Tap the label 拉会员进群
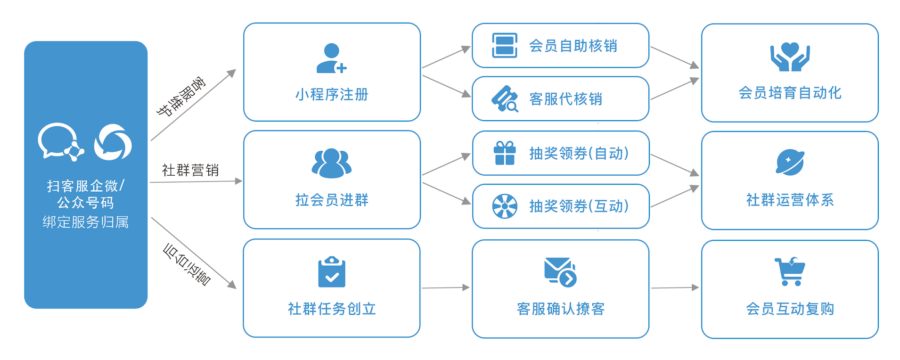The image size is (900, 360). tap(332, 200)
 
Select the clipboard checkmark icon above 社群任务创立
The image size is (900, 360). tap(332, 272)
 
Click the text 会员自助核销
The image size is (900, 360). tap(573, 46)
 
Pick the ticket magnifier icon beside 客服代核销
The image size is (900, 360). tap(505, 99)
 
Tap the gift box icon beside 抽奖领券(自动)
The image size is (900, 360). tap(505, 153)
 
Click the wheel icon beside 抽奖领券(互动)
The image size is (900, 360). tap(505, 206)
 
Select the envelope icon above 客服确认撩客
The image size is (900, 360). tap(560, 272)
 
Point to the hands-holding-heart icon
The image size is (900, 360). tap(790, 57)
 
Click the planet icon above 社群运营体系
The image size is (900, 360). tap(790, 163)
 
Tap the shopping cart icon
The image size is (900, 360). tap(790, 271)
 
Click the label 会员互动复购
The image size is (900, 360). tap(790, 309)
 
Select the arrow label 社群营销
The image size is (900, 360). tap(190, 170)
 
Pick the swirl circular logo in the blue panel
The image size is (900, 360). tap(113, 142)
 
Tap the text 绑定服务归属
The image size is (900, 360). tap(86, 222)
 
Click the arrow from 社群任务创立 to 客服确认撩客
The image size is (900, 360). tap(445, 287)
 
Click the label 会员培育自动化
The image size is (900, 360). tap(790, 93)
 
